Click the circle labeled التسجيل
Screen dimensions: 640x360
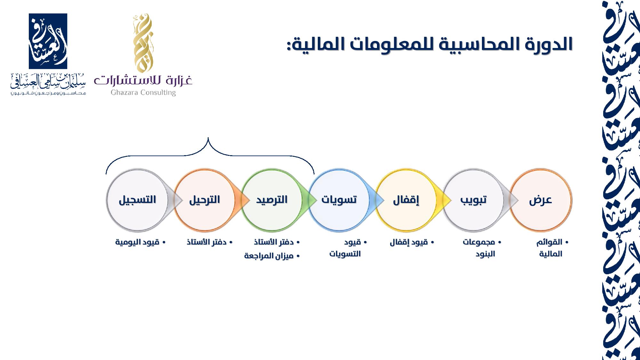(137, 200)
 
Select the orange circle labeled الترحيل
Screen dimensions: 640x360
(205, 200)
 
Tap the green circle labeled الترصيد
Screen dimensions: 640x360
(272, 200)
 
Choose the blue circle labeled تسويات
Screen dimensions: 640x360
(339, 200)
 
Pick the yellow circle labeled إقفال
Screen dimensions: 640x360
(406, 200)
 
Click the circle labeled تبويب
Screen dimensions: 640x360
(474, 200)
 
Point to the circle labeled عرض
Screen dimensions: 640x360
(541, 200)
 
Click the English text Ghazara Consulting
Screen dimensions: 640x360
(143, 92)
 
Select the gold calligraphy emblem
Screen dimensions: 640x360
(142, 43)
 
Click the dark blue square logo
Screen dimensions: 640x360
(48, 41)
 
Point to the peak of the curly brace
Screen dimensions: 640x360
(208, 138)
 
